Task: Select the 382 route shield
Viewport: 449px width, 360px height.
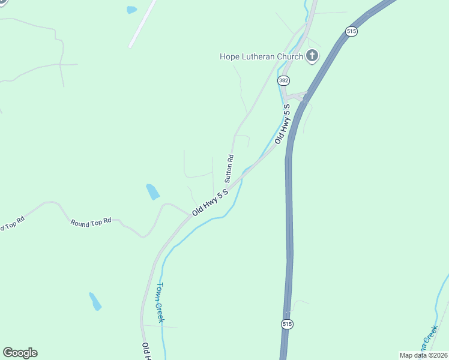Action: pyautogui.click(x=283, y=80)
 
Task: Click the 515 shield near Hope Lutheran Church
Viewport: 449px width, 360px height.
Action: pyautogui.click(x=352, y=31)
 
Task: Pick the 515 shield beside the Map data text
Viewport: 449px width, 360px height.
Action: pyautogui.click(x=286, y=324)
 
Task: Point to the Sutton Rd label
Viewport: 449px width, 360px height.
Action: pyautogui.click(x=229, y=168)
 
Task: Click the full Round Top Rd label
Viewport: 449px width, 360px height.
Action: pyautogui.click(x=91, y=222)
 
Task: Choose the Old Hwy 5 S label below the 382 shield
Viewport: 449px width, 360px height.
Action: pyautogui.click(x=282, y=123)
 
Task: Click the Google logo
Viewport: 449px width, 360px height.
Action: pyautogui.click(x=20, y=353)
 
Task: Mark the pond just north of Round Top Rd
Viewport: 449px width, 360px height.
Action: pyautogui.click(x=153, y=192)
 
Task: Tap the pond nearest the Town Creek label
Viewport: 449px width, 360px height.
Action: pyautogui.click(x=95, y=301)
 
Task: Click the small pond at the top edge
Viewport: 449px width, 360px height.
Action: pyautogui.click(x=131, y=10)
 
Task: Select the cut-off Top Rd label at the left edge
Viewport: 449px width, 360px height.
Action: pyautogui.click(x=11, y=224)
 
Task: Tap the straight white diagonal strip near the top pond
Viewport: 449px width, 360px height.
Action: pyautogui.click(x=143, y=24)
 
